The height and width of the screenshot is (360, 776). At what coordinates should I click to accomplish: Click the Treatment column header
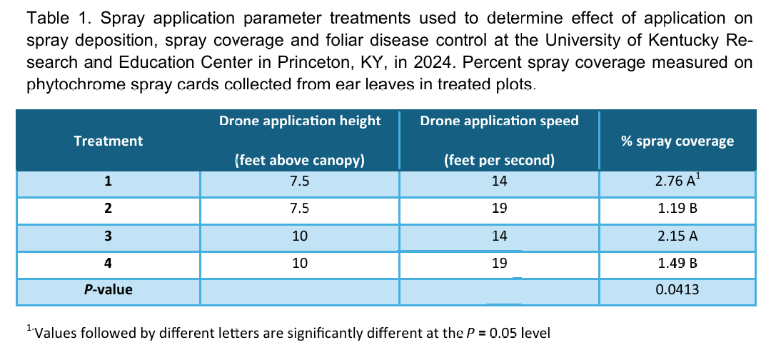tap(109, 141)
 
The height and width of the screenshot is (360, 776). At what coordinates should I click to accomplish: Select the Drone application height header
tap(300, 121)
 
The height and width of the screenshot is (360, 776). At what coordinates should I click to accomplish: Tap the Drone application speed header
tap(499, 121)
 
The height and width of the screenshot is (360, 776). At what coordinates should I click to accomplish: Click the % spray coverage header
tap(677, 141)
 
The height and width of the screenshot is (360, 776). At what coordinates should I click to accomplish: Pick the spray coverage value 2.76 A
tap(677, 182)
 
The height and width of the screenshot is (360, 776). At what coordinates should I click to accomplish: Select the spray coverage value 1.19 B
tap(677, 209)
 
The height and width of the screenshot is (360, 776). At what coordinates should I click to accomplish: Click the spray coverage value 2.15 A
tap(677, 236)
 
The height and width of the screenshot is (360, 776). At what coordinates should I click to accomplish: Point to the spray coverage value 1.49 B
tap(677, 263)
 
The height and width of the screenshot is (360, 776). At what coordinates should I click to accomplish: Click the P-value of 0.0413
tap(677, 289)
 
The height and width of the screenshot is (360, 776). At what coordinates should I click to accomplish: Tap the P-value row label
tap(109, 289)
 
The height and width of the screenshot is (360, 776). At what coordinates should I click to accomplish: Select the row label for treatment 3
tap(109, 236)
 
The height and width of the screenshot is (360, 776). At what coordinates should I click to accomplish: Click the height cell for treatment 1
tap(300, 182)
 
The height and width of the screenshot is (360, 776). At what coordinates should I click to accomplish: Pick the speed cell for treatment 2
tap(499, 209)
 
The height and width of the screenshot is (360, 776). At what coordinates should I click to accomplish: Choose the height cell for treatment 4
tap(300, 263)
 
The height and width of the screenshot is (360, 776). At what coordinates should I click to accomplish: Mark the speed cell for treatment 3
tap(499, 236)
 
